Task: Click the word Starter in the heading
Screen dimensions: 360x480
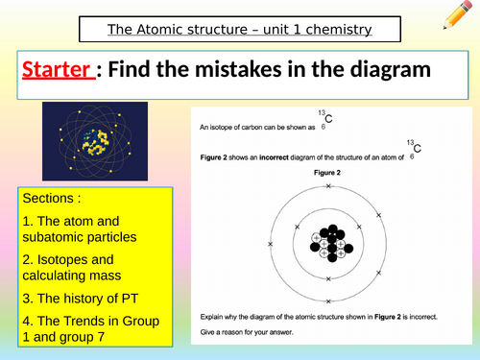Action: (54, 71)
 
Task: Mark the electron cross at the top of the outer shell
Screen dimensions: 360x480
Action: (329, 176)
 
